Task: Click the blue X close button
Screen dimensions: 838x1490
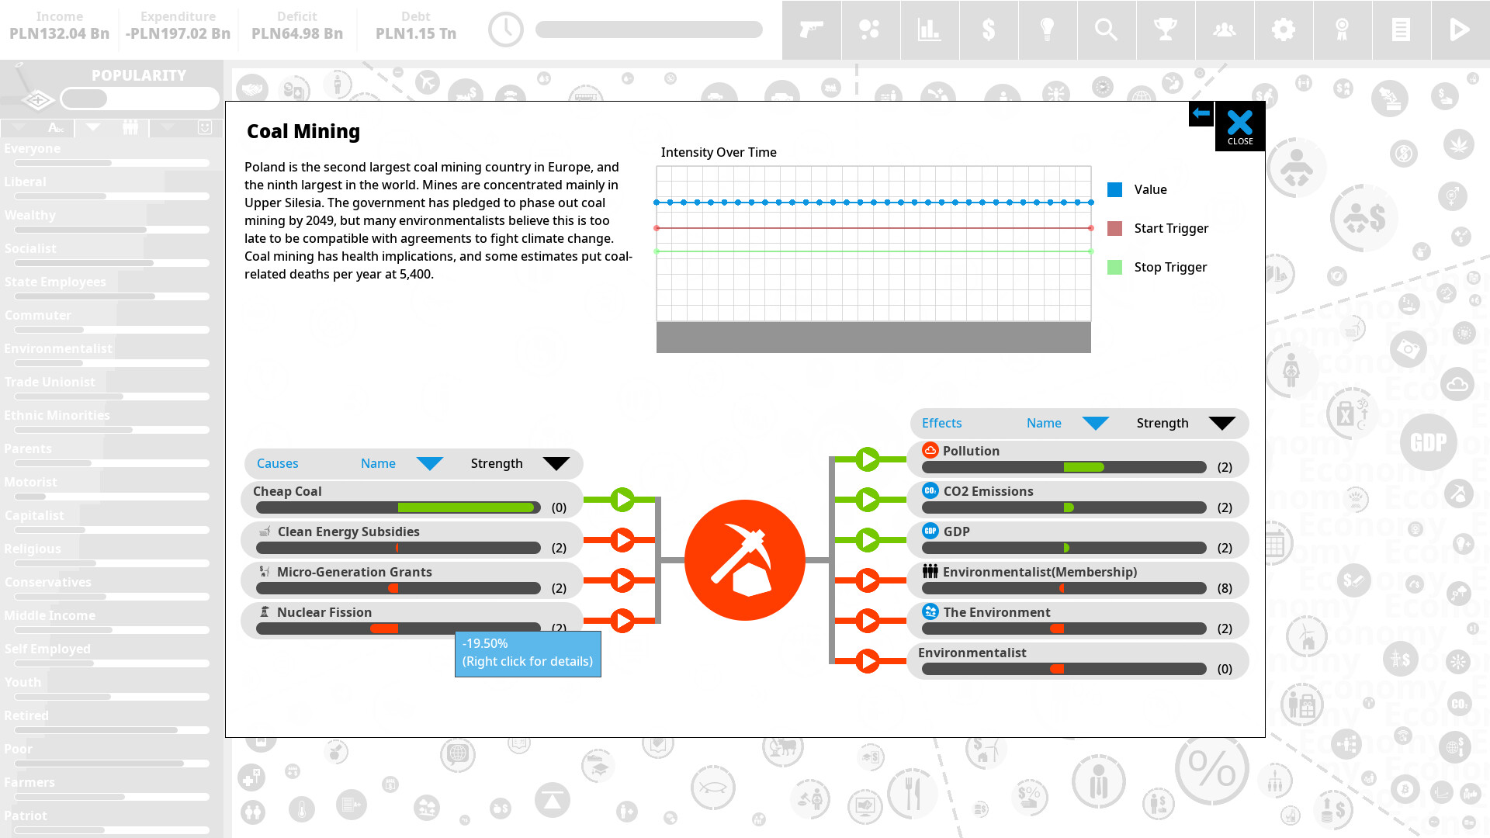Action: pyautogui.click(x=1239, y=125)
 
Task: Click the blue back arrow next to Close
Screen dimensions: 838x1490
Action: pyautogui.click(x=1201, y=114)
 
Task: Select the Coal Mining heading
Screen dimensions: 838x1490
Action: pyautogui.click(x=303, y=131)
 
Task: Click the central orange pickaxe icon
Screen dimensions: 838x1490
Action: pyautogui.click(x=744, y=559)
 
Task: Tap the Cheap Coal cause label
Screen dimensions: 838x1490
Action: pyautogui.click(x=287, y=491)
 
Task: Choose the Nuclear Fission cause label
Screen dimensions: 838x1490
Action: pyautogui.click(x=324, y=612)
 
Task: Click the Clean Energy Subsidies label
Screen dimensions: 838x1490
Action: pyautogui.click(x=348, y=532)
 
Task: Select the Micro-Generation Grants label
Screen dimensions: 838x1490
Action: pyautogui.click(x=354, y=572)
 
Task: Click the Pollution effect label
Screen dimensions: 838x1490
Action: pyautogui.click(x=970, y=451)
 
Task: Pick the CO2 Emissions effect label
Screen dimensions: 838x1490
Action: pyautogui.click(x=988, y=491)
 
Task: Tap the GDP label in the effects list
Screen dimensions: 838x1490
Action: pyautogui.click(x=956, y=532)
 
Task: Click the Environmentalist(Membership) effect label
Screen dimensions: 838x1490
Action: pyautogui.click(x=1039, y=572)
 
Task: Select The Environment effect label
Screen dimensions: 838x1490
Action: pyautogui.click(x=996, y=612)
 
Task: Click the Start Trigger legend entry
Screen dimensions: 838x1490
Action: pyautogui.click(x=1170, y=228)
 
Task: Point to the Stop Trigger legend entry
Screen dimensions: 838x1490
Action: pyautogui.click(x=1169, y=267)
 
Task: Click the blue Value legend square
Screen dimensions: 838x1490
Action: pyautogui.click(x=1114, y=189)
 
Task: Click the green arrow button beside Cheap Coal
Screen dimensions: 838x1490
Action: pyautogui.click(x=622, y=500)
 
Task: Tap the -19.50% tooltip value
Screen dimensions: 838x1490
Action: pyautogui.click(x=485, y=643)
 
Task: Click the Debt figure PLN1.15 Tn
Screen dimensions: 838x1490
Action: pyautogui.click(x=416, y=33)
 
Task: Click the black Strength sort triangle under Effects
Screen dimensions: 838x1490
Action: pyautogui.click(x=1221, y=423)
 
